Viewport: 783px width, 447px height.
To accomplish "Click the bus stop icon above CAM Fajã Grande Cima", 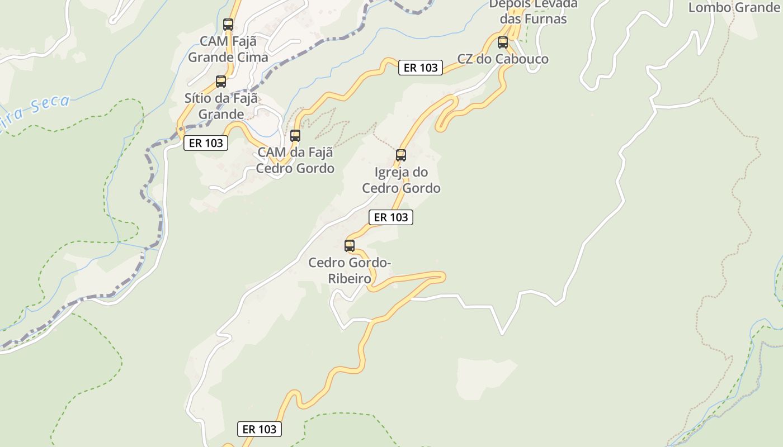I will tap(228, 25).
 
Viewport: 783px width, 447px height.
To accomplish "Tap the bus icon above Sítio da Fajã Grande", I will tap(221, 82).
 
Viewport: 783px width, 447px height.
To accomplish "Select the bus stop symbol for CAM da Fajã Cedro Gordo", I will tap(295, 135).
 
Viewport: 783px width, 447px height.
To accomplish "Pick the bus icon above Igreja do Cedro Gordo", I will tap(401, 155).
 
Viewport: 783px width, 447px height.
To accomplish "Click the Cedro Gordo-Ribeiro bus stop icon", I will tap(350, 245).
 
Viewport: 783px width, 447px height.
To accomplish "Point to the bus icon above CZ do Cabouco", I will tap(503, 42).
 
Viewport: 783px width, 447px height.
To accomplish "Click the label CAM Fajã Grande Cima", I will tap(228, 49).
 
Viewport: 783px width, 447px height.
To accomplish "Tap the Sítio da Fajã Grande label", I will tap(222, 106).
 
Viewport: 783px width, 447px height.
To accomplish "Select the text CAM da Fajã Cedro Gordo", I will tap(295, 160).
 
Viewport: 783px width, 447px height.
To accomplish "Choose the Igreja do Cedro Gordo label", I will tap(401, 180).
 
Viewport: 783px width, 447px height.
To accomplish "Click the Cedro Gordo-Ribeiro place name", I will tap(350, 270).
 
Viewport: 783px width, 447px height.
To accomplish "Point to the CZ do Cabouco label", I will tap(503, 59).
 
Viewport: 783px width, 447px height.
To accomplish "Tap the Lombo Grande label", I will tap(733, 7).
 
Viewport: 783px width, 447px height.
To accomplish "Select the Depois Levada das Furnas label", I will tap(533, 11).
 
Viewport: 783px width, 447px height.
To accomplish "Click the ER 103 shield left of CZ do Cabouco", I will tap(421, 68).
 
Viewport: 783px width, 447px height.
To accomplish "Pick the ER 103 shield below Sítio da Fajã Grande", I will tap(206, 143).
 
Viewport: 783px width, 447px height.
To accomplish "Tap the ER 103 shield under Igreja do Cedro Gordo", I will tap(391, 217).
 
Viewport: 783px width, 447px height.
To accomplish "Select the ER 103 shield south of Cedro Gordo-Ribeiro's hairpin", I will tap(260, 429).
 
